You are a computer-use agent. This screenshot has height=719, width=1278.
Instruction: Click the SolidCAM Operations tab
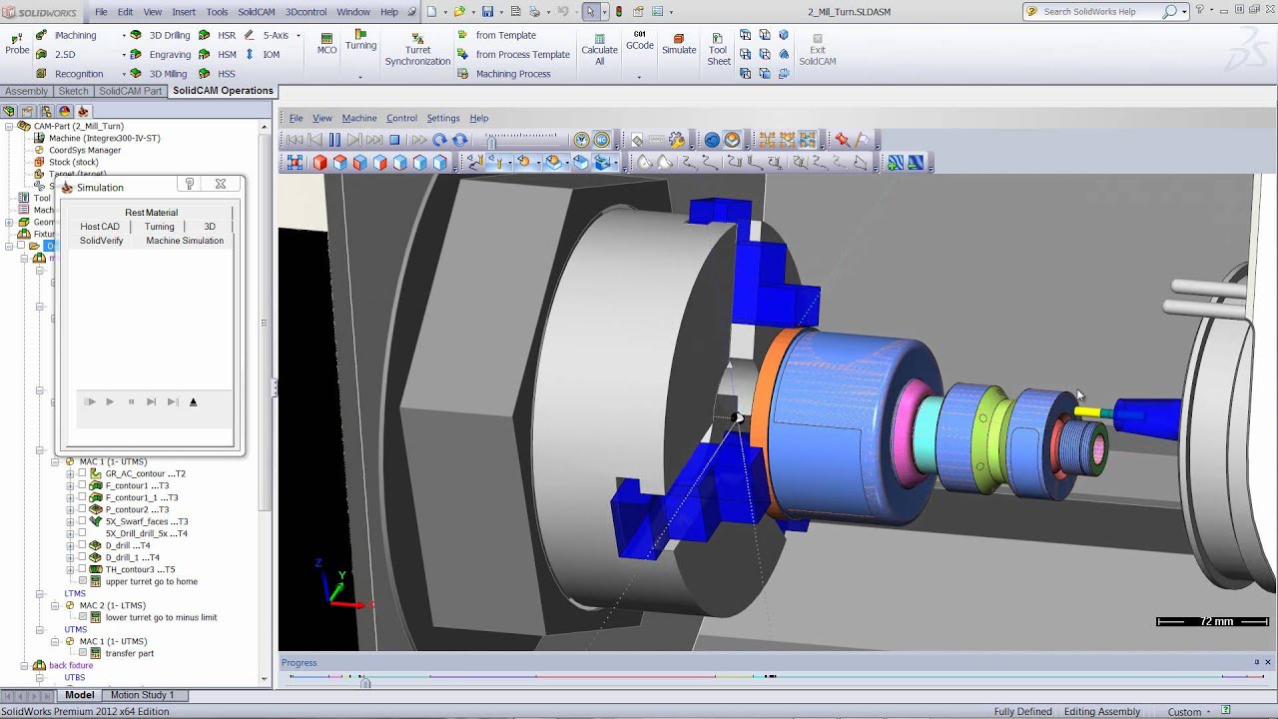coord(223,91)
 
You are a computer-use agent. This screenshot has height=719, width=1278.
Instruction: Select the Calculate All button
coord(599,49)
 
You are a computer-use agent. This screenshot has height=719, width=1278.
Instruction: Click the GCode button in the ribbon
coord(640,41)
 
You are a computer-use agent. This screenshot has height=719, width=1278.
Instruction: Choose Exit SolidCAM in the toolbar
coord(817,49)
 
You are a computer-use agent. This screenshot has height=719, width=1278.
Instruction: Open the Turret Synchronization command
coord(417,49)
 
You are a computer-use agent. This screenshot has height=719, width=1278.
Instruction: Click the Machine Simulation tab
coord(185,241)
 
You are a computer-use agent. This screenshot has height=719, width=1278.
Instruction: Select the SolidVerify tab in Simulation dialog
coord(101,241)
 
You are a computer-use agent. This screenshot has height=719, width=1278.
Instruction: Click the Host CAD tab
coord(100,227)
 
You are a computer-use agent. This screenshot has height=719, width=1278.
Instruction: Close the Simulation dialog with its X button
coord(221,185)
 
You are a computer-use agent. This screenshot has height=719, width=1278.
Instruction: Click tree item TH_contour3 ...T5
coord(140,570)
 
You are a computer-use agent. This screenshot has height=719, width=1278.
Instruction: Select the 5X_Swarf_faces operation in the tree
coord(146,522)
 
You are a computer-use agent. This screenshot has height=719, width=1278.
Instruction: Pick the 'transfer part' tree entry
coord(130,654)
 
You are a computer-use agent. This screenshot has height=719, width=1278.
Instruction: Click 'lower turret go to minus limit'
coord(161,618)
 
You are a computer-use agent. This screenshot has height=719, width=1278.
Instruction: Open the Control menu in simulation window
coord(401,118)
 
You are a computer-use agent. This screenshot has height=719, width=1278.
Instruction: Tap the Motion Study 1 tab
coord(142,695)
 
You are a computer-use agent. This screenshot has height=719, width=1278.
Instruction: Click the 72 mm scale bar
coord(1212,622)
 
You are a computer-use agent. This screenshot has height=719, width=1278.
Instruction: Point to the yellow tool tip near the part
coord(1088,411)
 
